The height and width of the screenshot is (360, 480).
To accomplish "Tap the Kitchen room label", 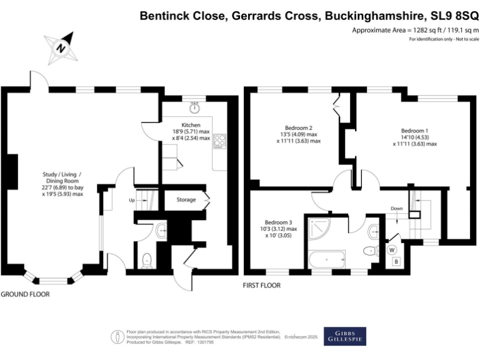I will pos(191,126).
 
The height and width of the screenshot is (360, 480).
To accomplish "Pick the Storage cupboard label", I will pos(186,200).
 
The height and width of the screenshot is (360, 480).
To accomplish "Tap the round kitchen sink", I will pos(196,107).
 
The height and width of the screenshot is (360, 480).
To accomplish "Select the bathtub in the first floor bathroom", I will pos(326,258).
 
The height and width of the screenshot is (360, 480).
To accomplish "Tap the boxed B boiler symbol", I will pos(396,262).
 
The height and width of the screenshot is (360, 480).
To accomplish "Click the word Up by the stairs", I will pos(131,200).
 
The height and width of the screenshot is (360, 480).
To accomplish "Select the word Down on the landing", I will pos(396,208).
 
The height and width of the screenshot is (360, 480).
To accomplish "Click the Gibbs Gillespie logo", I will pos(344,336).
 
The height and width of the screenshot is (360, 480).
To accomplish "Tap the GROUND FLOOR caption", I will pos(25,294).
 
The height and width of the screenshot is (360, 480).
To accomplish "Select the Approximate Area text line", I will pos(414,30).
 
